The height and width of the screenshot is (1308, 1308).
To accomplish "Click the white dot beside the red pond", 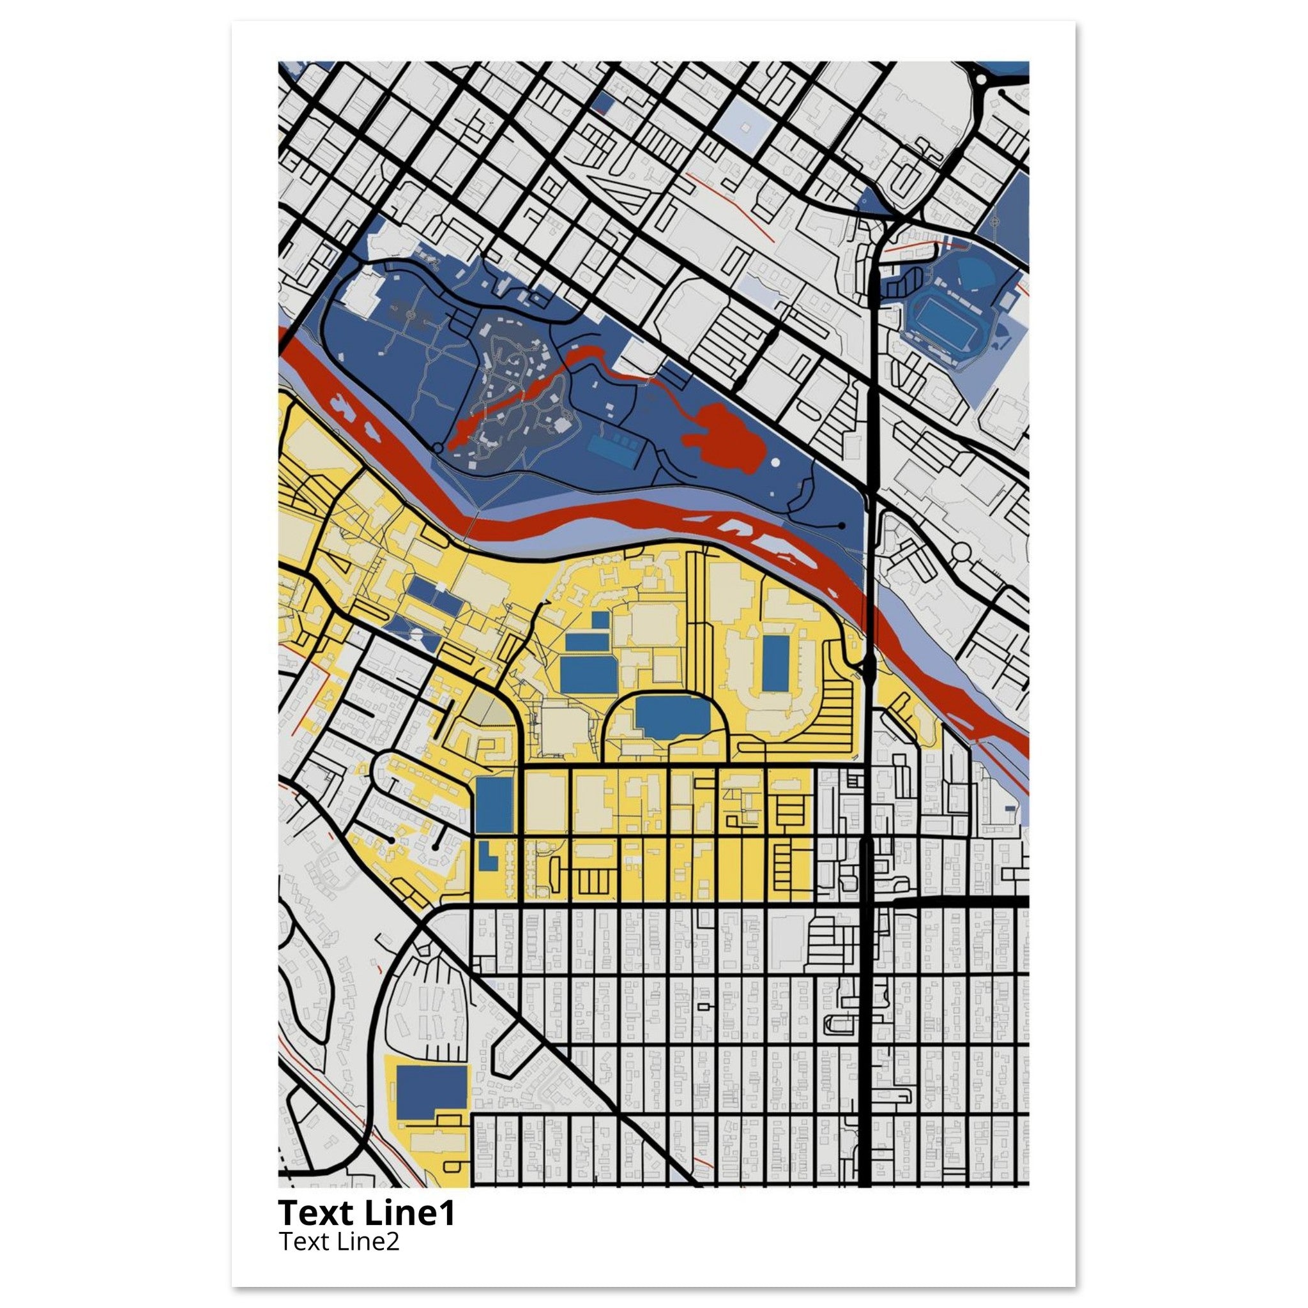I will click(775, 462).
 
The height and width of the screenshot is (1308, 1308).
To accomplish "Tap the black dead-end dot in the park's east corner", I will click(842, 525).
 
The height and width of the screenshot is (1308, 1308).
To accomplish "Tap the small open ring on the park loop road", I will click(438, 448).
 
